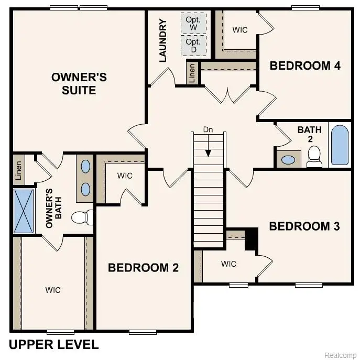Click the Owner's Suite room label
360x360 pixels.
[79, 84]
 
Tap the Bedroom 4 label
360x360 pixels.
[305, 66]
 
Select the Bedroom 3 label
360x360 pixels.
[304, 226]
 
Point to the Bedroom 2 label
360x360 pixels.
[143, 268]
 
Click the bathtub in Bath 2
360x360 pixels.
[340, 145]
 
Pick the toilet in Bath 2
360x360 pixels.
[314, 156]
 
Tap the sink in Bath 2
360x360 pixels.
[288, 159]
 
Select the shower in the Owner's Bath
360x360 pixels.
[23, 211]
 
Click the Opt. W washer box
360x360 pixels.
[193, 23]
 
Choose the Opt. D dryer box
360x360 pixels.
[193, 45]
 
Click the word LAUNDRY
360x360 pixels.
[162, 41]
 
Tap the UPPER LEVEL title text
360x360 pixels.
[53, 344]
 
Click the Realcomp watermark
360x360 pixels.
[340, 355]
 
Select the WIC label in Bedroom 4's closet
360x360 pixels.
[240, 30]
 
